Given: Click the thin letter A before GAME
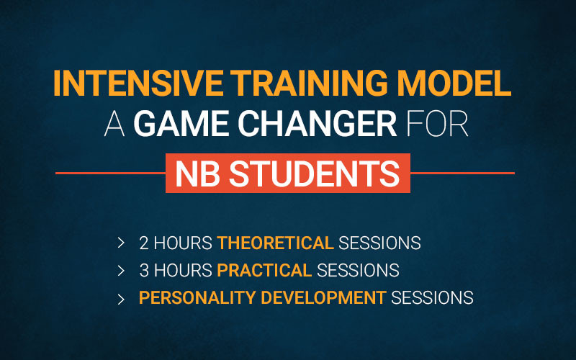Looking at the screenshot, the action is pos(114,123).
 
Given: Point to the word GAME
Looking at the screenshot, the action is pos(181,123).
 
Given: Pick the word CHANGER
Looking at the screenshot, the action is pos(318,123).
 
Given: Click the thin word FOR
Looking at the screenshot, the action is pos(437,123).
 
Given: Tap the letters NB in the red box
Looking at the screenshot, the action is pos(197,174).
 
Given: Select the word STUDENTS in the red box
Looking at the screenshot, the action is pos(315,174).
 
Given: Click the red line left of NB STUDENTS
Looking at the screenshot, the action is pos(111,173).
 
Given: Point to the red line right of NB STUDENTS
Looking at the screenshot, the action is pos(462,173).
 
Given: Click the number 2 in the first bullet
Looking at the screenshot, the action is pos(144,243).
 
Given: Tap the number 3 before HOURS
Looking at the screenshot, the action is pos(144,271).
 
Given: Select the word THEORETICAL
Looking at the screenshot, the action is pos(276,243).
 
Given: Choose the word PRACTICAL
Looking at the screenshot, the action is pos(264,271).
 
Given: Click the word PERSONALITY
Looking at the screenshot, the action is pos(197,297).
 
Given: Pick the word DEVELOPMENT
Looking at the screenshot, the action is pos(323,297).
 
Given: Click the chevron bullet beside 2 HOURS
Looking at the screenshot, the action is pos(121,243).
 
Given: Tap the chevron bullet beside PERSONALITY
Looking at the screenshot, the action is pos(121,300).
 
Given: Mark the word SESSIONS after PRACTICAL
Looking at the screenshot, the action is pos(358,271).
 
